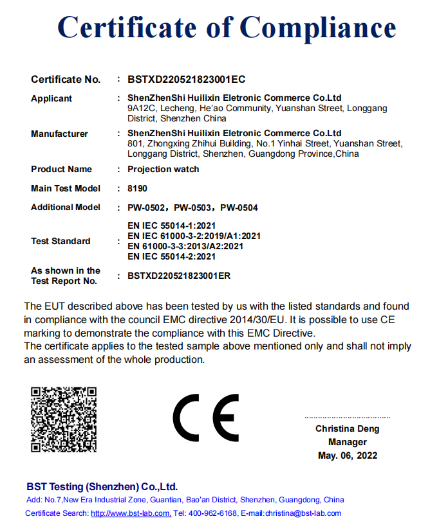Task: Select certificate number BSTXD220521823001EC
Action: click(186, 80)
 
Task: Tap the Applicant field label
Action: click(51, 98)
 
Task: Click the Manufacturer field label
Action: click(59, 134)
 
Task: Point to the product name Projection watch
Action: click(164, 169)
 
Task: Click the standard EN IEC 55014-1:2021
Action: click(172, 227)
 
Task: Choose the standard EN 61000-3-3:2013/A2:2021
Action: click(185, 246)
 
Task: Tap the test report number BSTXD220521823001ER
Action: click(179, 276)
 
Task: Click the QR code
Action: click(64, 419)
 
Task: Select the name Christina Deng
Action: click(347, 428)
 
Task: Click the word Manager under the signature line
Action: click(347, 442)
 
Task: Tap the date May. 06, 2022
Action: click(347, 455)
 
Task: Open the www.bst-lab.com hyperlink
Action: click(131, 513)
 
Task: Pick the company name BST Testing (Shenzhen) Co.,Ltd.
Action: click(102, 486)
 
